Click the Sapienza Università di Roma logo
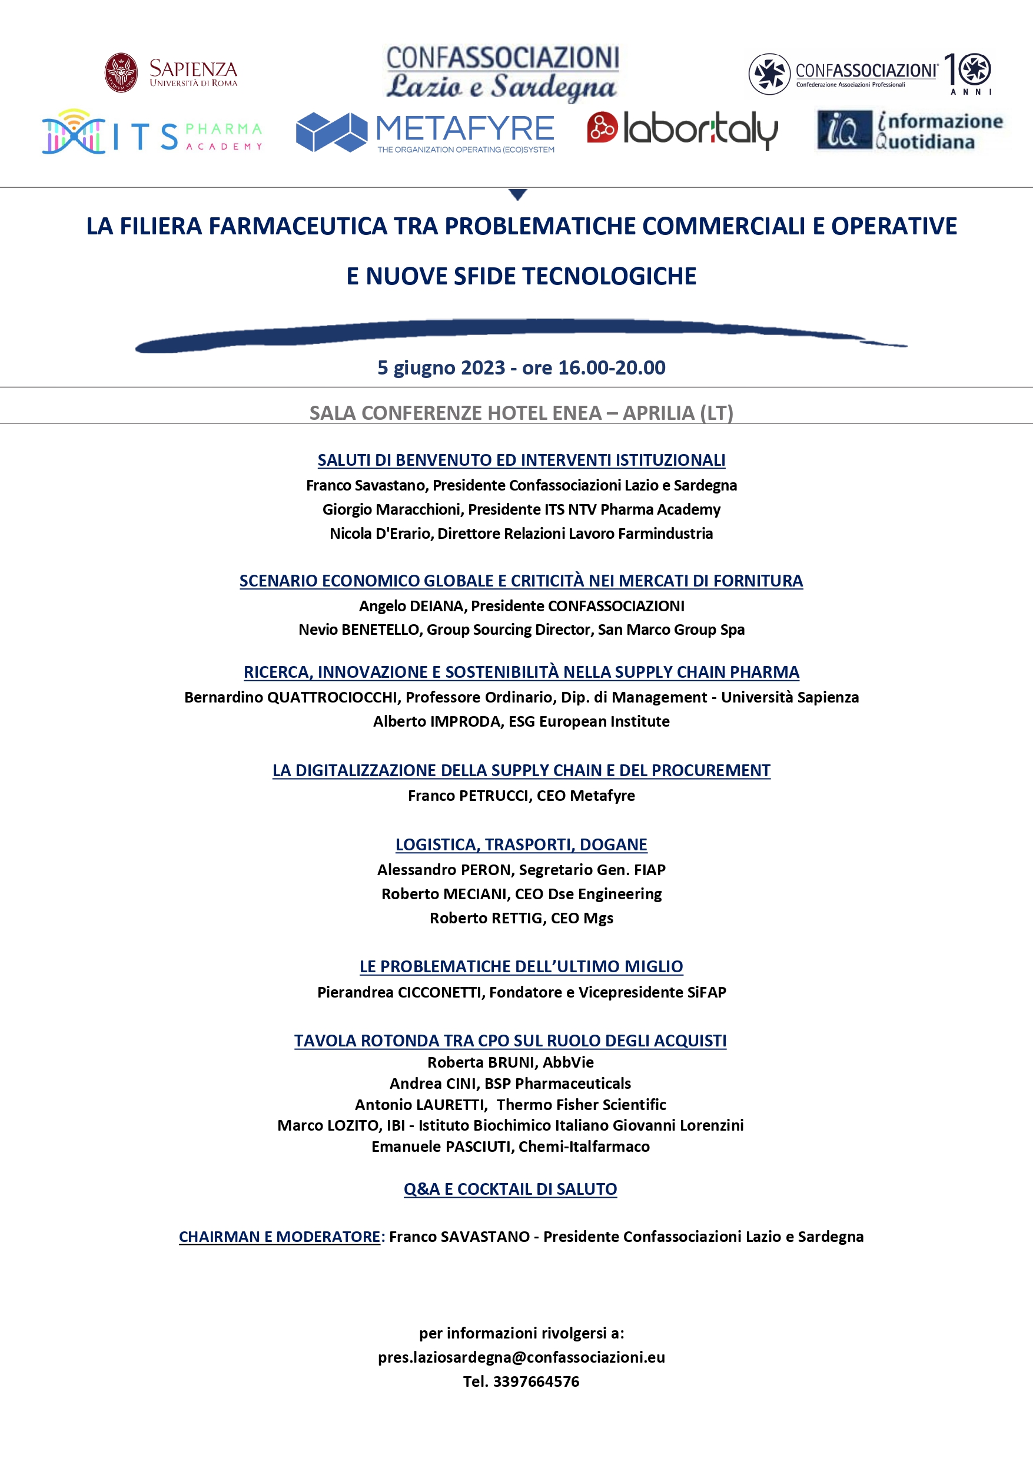click(x=171, y=73)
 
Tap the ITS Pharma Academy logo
click(x=152, y=133)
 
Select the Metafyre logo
click(x=425, y=132)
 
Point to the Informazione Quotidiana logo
click(x=909, y=131)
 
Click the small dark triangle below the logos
click(x=518, y=194)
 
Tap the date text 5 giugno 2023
click(x=441, y=368)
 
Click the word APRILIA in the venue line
click(x=658, y=413)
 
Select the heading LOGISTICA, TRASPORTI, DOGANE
click(x=521, y=844)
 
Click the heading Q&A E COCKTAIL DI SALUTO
click(x=510, y=1189)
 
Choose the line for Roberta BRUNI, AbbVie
click(x=510, y=1062)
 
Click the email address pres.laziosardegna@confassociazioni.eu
click(x=521, y=1357)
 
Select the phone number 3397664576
click(x=536, y=1382)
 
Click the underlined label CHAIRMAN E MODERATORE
click(x=279, y=1237)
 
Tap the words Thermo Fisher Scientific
click(x=581, y=1105)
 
